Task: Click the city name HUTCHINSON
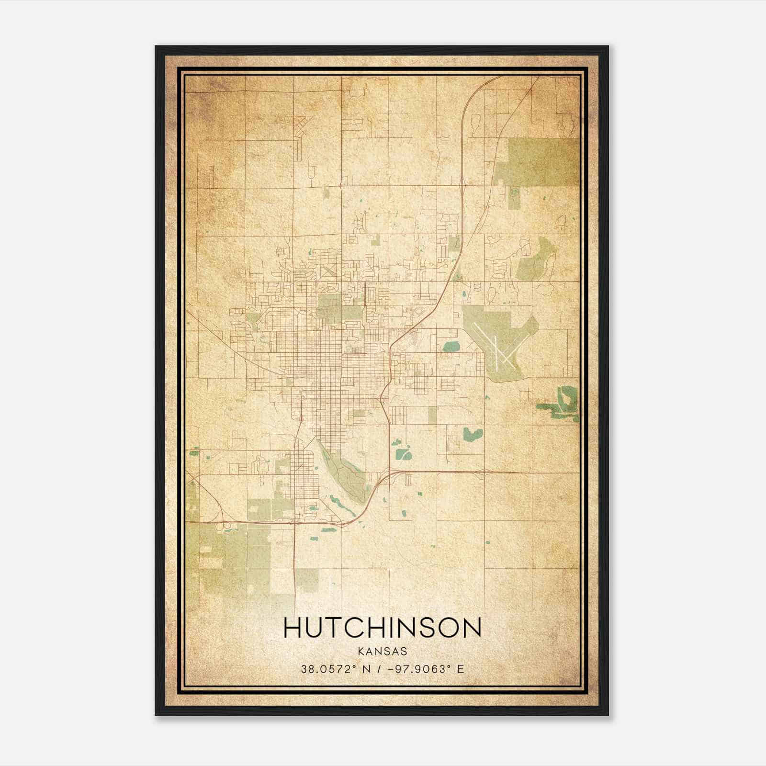point(383,628)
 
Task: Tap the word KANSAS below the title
point(383,652)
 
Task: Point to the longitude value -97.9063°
point(416,669)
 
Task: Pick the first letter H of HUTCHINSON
point(293,628)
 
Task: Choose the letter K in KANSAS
point(361,652)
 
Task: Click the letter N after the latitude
point(366,669)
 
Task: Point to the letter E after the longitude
point(461,669)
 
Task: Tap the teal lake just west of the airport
point(451,346)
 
